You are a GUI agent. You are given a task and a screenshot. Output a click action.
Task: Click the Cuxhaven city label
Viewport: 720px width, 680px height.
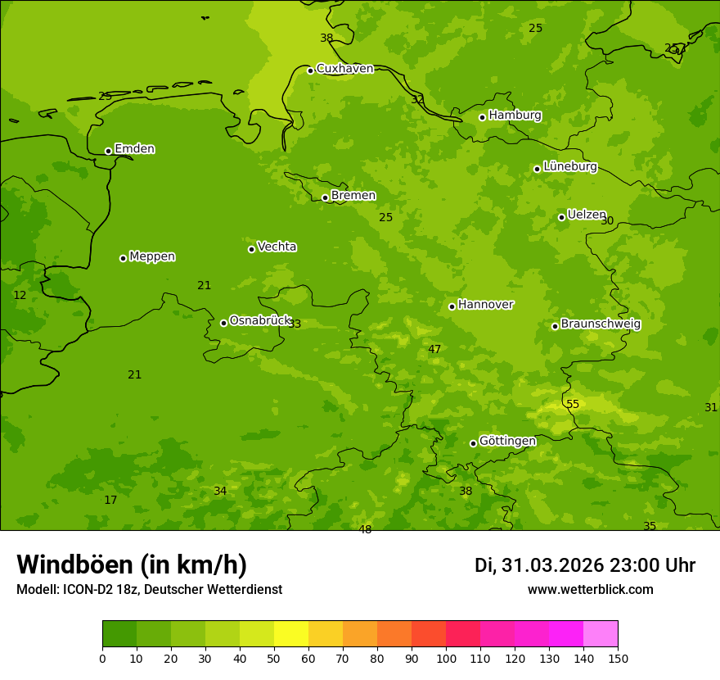[344, 69]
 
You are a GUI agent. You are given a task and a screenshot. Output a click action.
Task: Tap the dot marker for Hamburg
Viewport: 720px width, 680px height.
[483, 117]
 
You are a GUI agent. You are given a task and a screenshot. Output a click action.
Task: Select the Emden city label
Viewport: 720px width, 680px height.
[134, 149]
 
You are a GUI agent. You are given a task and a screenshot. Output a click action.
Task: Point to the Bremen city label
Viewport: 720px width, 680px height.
[353, 196]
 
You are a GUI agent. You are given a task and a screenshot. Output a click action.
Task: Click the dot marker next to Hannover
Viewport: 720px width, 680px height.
[452, 306]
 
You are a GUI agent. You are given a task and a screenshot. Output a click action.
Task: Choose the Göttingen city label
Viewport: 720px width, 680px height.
[507, 442]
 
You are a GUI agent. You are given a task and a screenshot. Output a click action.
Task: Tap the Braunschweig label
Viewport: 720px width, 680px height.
[601, 324]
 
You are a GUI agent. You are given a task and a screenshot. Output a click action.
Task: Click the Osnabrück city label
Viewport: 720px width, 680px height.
[260, 321]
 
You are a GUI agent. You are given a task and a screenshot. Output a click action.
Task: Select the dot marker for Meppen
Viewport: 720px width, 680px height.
[123, 258]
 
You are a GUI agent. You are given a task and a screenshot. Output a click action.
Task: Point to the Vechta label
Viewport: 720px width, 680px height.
[277, 247]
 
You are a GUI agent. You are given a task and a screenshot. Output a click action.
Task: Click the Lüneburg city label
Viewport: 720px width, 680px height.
[569, 167]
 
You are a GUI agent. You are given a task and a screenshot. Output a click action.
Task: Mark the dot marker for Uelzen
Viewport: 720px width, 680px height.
[561, 217]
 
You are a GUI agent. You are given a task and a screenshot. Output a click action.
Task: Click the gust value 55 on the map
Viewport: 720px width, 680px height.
[573, 405]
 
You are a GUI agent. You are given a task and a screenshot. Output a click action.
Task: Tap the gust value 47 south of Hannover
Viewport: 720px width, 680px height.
[434, 350]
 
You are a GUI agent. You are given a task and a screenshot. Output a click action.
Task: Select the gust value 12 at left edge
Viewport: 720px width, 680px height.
[20, 296]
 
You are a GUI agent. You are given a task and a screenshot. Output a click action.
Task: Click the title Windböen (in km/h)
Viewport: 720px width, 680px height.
[132, 564]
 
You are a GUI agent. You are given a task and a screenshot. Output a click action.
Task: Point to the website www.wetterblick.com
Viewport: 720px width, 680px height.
[590, 590]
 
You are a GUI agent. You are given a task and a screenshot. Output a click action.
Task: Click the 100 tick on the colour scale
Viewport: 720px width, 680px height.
[446, 658]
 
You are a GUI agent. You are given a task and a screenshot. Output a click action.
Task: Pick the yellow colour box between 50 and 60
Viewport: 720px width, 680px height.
[291, 634]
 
